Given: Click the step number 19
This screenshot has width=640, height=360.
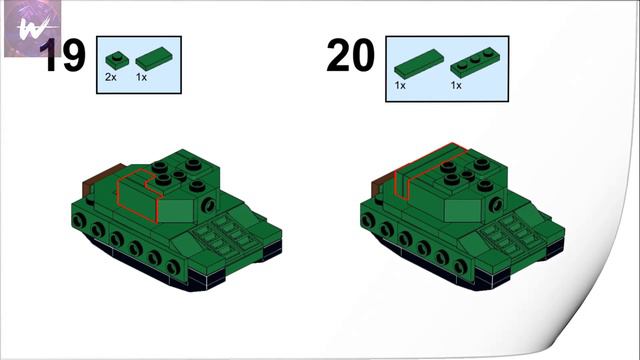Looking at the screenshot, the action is (62, 56).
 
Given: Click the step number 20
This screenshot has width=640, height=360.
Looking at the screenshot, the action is (351, 55).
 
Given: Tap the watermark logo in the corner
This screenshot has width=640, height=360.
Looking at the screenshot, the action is (32, 28).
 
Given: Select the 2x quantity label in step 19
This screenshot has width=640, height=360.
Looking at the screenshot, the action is (111, 77).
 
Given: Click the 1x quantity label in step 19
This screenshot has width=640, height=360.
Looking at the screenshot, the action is (141, 77).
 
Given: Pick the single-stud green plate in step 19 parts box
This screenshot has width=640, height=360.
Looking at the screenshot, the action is (117, 60).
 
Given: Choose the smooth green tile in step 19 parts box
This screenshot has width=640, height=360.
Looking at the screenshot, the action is (154, 58).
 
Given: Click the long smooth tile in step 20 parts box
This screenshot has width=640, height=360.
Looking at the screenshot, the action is (419, 63).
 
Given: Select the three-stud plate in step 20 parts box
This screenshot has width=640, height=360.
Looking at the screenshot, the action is (475, 62).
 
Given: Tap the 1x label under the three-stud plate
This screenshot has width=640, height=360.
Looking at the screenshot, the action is (456, 85).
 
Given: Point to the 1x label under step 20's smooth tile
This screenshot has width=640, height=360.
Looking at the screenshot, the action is (400, 85).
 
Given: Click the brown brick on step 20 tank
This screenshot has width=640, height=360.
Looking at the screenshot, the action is (383, 187).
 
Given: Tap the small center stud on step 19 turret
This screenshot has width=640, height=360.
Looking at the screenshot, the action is (179, 176).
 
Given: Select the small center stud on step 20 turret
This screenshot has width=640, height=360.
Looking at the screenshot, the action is (468, 176).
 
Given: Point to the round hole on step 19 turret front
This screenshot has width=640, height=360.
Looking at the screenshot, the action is (209, 205).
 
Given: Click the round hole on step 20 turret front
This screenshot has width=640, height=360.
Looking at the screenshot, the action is (496, 204).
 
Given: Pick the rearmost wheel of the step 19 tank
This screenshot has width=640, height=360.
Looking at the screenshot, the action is (79, 222).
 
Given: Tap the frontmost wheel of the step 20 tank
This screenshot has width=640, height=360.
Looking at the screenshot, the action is (461, 267).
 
